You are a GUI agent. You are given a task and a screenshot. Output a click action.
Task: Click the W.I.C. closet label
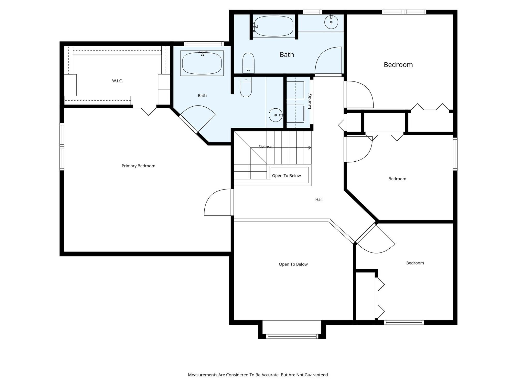tap(117, 81)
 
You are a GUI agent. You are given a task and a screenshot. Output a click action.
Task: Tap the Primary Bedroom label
tap(138, 166)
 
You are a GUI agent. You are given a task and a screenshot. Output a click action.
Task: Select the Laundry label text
tap(309, 101)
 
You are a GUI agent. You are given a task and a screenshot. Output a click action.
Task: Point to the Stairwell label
tap(266, 147)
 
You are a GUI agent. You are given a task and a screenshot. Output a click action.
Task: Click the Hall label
tap(319, 199)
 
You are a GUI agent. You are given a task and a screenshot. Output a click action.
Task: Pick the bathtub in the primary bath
tap(202, 63)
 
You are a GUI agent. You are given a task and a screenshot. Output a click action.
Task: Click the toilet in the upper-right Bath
tap(248, 63)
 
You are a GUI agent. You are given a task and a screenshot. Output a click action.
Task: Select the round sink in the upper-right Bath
tap(331, 22)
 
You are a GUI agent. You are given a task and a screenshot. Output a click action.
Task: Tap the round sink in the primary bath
tap(276, 115)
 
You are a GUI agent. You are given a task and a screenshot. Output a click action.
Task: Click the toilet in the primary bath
tap(246, 87)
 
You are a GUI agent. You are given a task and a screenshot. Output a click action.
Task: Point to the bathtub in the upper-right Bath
tap(273, 26)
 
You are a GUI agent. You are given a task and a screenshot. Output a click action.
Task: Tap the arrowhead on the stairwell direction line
tap(309, 148)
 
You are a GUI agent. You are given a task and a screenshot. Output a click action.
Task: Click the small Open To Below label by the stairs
tap(286, 176)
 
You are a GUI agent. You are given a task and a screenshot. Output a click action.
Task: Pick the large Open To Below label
tap(293, 264)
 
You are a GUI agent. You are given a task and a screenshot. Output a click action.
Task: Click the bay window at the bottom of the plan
tap(292, 336)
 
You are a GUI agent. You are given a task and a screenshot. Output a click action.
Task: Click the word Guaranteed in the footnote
tap(317, 375)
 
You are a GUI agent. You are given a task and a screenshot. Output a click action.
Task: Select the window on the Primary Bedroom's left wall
tap(62, 147)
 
